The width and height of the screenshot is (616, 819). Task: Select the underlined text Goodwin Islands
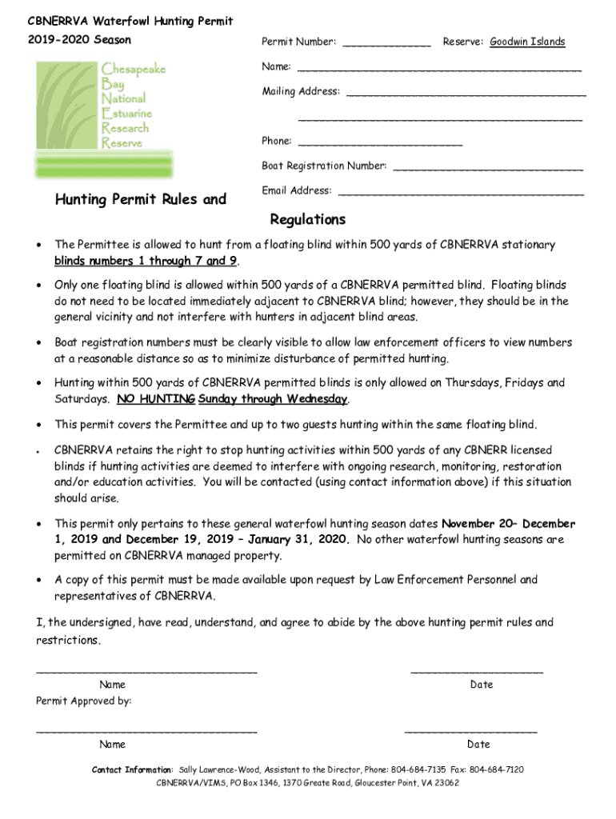point(527,42)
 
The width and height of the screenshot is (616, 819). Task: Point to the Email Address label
point(296,191)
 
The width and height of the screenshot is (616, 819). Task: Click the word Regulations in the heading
point(308,220)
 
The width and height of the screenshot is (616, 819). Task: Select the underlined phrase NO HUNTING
point(156,399)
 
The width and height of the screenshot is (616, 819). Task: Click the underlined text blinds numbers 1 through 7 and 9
point(146,262)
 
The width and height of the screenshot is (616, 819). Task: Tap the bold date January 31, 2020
point(298,540)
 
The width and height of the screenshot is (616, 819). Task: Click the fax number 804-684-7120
point(497,769)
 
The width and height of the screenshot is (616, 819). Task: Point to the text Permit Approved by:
point(84,701)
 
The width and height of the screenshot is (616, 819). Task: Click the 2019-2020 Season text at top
point(79,40)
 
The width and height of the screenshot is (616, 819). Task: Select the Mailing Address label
point(301,92)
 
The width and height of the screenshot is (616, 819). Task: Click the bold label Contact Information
point(132,769)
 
